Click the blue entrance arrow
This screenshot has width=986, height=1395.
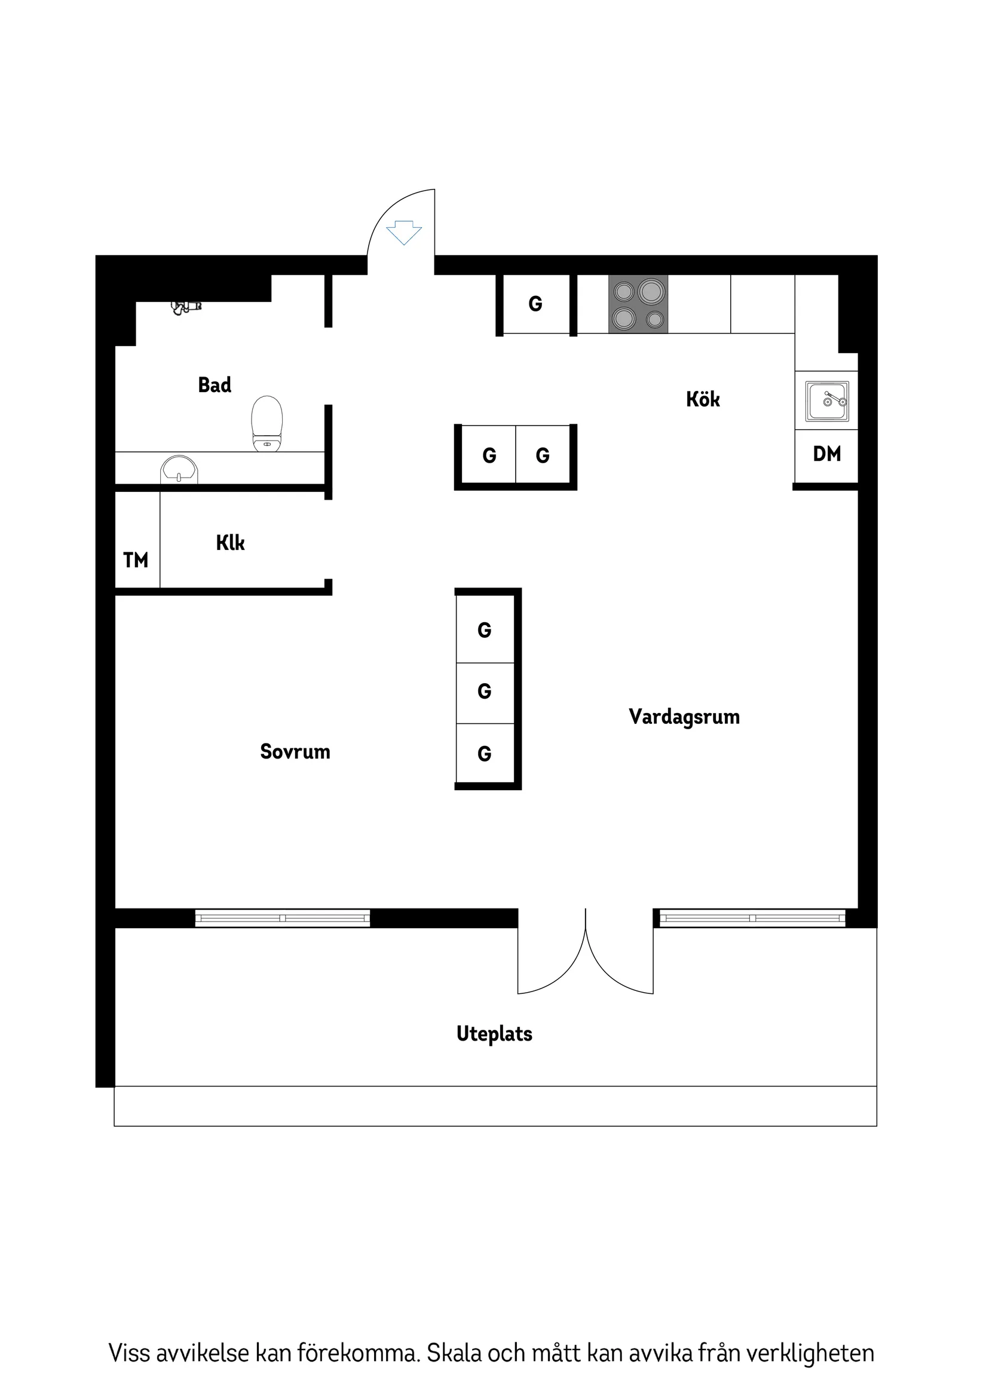404,232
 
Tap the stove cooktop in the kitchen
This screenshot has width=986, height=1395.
638,304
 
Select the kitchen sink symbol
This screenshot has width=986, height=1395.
827,401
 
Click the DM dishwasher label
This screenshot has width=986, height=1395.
827,454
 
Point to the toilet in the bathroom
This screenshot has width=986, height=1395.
267,423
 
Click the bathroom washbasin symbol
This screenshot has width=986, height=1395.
179,470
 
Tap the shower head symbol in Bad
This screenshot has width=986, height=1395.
185,307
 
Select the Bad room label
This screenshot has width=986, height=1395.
215,385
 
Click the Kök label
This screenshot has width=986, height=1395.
703,399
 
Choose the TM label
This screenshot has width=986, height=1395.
136,560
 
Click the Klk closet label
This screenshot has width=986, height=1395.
230,543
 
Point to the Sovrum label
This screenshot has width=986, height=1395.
295,751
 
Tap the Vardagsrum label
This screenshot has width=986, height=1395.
684,717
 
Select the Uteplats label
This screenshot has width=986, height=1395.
495,1033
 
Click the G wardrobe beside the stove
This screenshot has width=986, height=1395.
535,304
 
